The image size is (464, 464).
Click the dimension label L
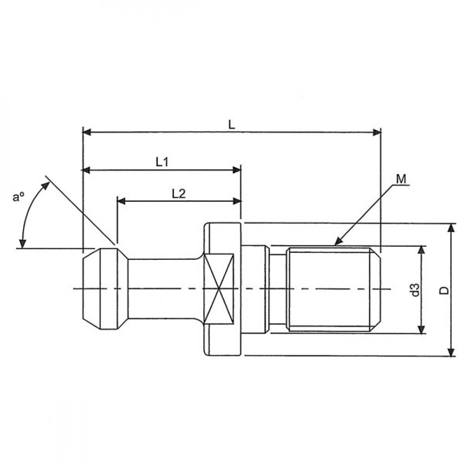click(x=232, y=124)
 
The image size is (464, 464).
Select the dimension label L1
click(x=162, y=162)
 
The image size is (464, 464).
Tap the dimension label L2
click(x=179, y=193)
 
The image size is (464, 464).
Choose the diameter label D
click(x=444, y=290)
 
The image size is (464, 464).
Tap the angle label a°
click(x=19, y=197)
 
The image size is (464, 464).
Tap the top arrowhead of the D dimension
click(x=451, y=227)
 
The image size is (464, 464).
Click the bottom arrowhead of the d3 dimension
click(x=421, y=329)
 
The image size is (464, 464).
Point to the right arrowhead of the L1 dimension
click(x=237, y=170)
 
